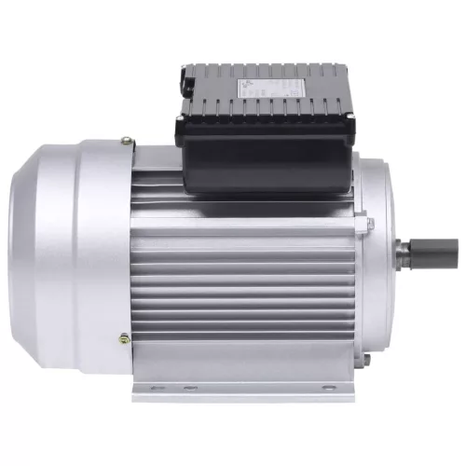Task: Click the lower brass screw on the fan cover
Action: coord(125,337)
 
